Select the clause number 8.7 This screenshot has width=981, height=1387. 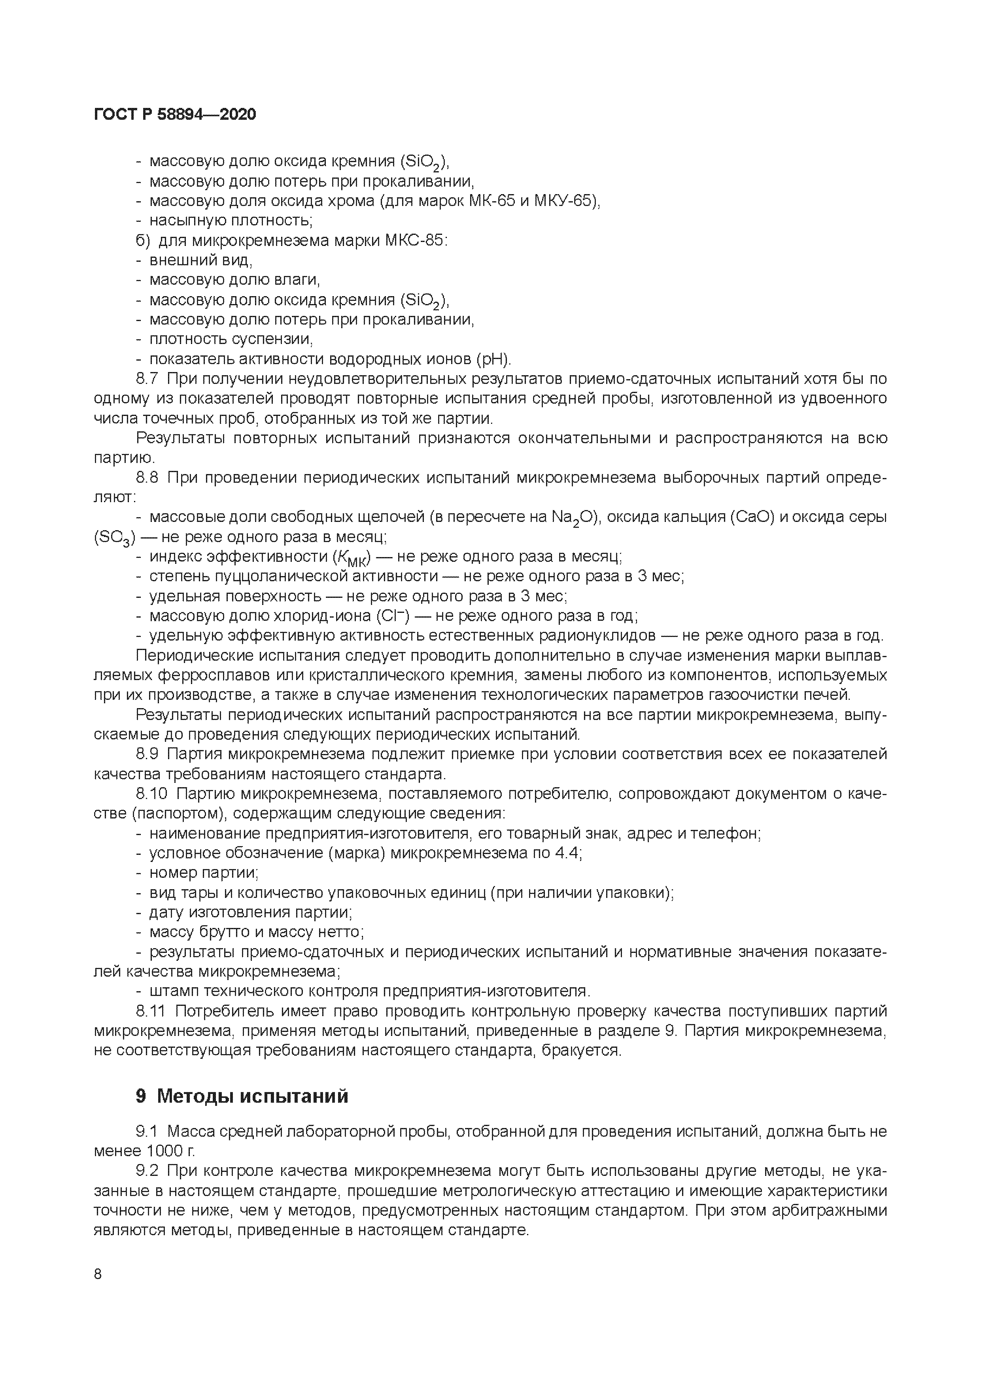coord(147,379)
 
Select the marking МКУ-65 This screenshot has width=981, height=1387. coord(565,200)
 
